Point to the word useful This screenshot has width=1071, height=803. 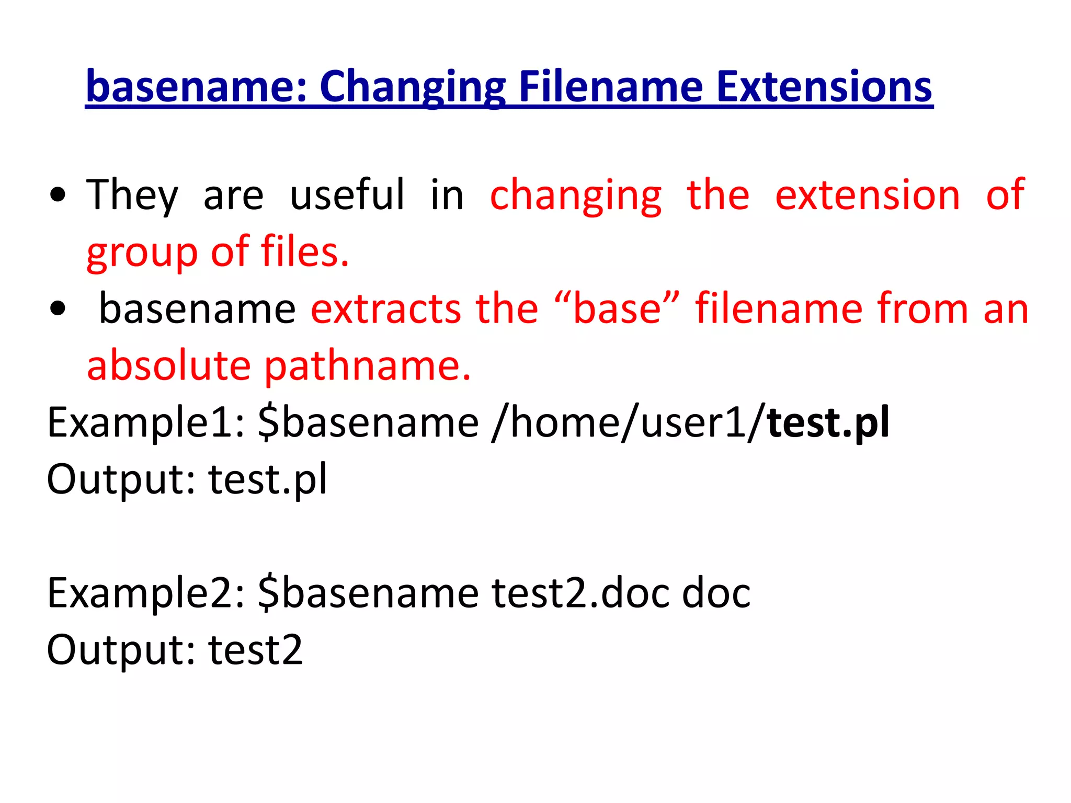[x=347, y=194]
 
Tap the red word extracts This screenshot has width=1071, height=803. [x=386, y=309]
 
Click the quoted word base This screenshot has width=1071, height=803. [x=618, y=309]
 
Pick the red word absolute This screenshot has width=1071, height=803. [x=168, y=365]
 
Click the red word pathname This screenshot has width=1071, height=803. [x=368, y=366]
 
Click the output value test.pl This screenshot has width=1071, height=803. [x=268, y=479]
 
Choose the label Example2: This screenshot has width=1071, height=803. [x=146, y=594]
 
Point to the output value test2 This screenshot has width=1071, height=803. [x=256, y=650]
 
